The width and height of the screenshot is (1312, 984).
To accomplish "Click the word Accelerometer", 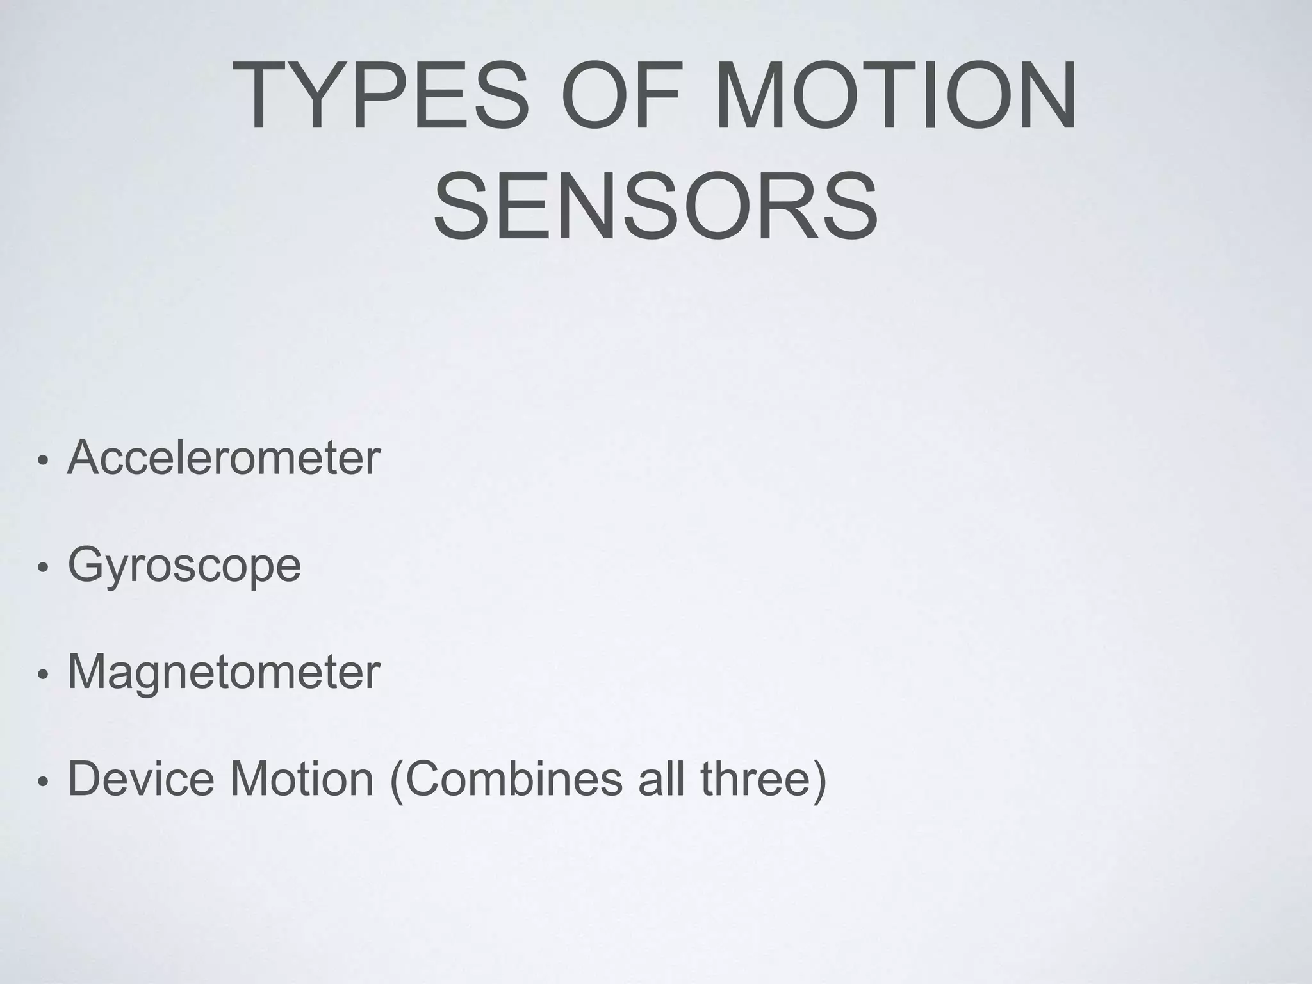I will pos(224,458).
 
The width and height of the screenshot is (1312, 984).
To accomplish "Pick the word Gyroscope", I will pos(184,566).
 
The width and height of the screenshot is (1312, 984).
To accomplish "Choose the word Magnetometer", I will pos(224,672).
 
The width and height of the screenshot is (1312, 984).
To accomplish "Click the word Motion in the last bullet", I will pos(301,779).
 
